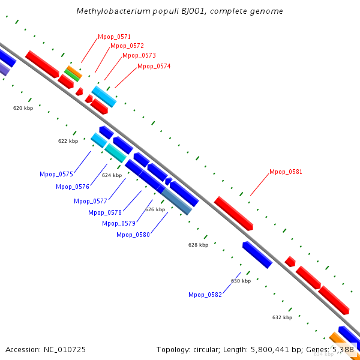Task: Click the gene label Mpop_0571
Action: click(114, 37)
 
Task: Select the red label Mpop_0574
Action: click(154, 66)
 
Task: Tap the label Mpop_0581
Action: click(286, 172)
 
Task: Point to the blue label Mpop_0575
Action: click(56, 174)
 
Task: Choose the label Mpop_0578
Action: click(105, 212)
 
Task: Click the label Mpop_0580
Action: click(133, 235)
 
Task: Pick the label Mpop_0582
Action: click(205, 295)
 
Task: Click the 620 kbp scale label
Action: click(23, 108)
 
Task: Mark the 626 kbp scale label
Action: click(155, 209)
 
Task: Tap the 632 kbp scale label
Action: click(282, 317)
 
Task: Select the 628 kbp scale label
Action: click(198, 245)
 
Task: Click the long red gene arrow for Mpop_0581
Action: click(233, 213)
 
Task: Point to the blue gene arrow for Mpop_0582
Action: click(257, 254)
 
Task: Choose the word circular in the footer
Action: click(209, 349)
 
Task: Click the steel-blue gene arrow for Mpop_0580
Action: click(178, 201)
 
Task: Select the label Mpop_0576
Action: click(73, 187)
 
